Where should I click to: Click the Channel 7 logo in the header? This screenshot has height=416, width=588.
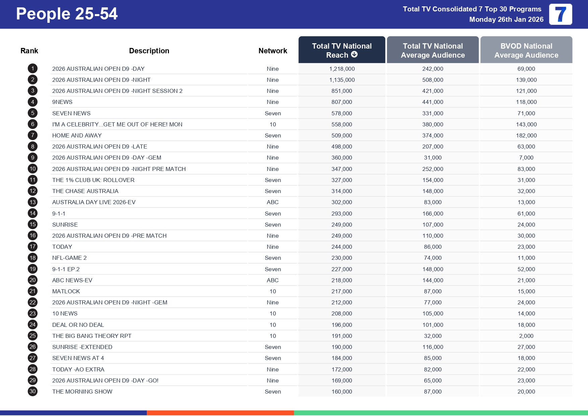coord(560,14)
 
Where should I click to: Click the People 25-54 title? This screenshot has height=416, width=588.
coord(67,14)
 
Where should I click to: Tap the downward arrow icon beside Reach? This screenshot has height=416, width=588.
coord(354,55)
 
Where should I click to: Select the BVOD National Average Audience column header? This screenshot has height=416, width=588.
coord(526,50)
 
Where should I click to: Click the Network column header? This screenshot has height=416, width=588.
coord(273,51)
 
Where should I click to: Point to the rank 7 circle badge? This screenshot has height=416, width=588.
coord(33,135)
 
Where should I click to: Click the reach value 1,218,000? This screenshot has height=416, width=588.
coord(342,69)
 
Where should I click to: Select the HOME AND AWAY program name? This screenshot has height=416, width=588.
coord(77,135)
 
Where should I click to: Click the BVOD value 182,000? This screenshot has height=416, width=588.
coord(526,135)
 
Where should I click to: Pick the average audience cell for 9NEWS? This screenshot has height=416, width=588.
coord(432,102)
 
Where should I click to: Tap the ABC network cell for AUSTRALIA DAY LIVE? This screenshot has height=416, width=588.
coord(273,202)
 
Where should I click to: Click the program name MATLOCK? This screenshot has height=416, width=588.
coord(66,291)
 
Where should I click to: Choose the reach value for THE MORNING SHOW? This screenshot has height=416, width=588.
coord(342,392)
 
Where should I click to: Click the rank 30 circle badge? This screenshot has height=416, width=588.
coord(33,392)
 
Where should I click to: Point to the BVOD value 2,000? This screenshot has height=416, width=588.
coord(526,336)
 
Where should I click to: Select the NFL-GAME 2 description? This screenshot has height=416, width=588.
coord(69,258)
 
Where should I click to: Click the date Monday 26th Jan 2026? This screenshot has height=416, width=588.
coord(506,19)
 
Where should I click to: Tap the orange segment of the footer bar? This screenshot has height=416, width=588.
coord(220,413)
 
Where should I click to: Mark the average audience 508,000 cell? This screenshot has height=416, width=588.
coord(432,80)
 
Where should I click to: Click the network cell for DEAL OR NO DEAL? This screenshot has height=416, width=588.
coord(273,325)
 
